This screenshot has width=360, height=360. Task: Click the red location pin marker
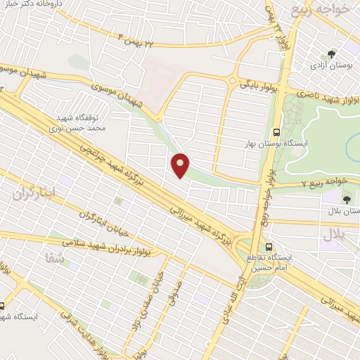point(181,165)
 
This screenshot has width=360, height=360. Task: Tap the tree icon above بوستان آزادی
point(331,54)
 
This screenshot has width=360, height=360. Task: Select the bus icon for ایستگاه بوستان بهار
point(277,131)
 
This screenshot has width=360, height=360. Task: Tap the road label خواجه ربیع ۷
point(324,182)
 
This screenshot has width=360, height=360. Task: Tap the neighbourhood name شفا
point(52,257)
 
